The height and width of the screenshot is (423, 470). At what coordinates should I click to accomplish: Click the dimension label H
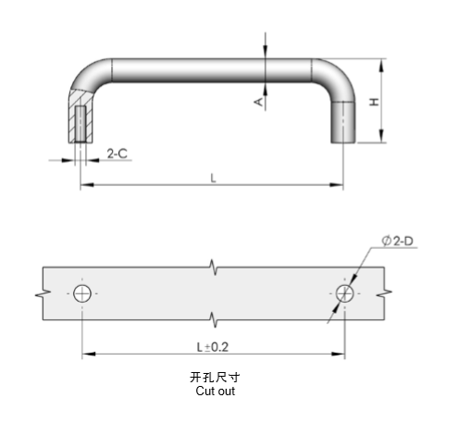click(x=373, y=103)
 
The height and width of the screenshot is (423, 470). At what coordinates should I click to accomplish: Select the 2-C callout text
click(x=117, y=154)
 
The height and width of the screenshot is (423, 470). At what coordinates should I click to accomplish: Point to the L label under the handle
click(x=212, y=178)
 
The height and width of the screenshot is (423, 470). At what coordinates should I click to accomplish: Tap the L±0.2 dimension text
click(x=214, y=344)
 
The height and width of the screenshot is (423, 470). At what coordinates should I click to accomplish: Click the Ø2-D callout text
click(x=397, y=242)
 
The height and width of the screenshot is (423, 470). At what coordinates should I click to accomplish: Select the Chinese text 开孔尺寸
click(x=215, y=378)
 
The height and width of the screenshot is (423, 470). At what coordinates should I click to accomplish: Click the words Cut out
click(x=215, y=392)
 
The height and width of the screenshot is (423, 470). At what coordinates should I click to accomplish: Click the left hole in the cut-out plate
click(x=83, y=292)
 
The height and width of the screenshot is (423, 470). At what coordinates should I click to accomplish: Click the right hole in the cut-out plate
click(x=344, y=292)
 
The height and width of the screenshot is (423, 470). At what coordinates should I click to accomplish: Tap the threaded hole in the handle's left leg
click(x=81, y=123)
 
